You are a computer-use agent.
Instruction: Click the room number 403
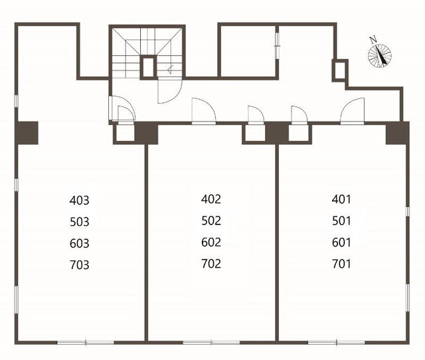pos(79,201)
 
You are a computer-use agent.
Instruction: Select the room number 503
pos(80,222)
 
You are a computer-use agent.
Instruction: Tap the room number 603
pos(80,243)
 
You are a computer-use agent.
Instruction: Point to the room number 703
pos(80,264)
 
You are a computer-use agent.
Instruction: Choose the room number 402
pos(211,199)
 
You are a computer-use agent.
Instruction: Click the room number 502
pos(211,221)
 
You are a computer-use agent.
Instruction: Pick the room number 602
pos(211,242)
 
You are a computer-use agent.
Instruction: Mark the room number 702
pos(211,263)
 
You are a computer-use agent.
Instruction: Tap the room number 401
pos(341,199)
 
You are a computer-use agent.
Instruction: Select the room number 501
pos(341,221)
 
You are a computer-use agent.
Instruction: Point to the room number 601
pos(341,242)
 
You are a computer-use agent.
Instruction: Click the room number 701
pos(341,264)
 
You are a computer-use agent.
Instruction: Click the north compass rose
pos(380,56)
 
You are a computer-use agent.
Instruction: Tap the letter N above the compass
pos(373,40)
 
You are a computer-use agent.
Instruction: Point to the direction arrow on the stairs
pos(170,70)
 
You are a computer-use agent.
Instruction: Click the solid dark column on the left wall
pos(27,133)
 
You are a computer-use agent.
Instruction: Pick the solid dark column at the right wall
pos(397,133)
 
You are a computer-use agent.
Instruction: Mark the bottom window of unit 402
pos(211,343)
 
